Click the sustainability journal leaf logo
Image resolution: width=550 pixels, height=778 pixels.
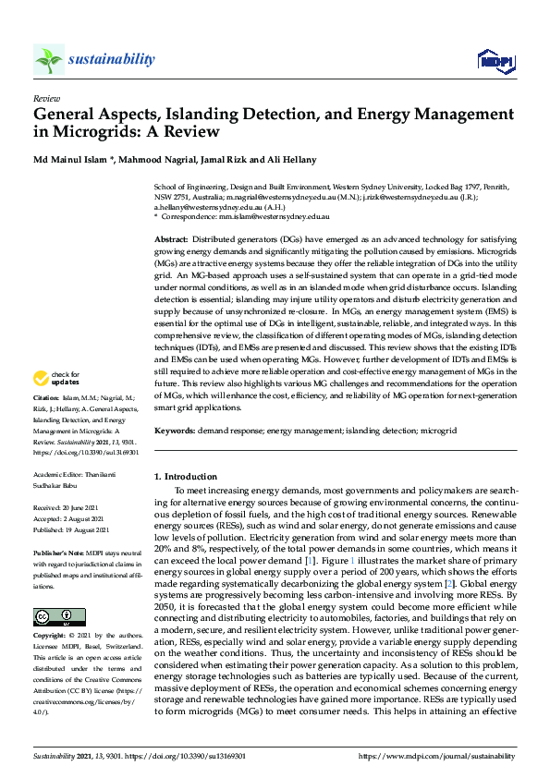pyautogui.click(x=49, y=60)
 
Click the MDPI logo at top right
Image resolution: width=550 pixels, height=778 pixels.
pyautogui.click(x=495, y=61)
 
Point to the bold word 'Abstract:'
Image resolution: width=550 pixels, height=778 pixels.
pyautogui.click(x=173, y=239)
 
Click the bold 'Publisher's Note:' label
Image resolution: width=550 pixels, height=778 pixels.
pyautogui.click(x=58, y=550)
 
